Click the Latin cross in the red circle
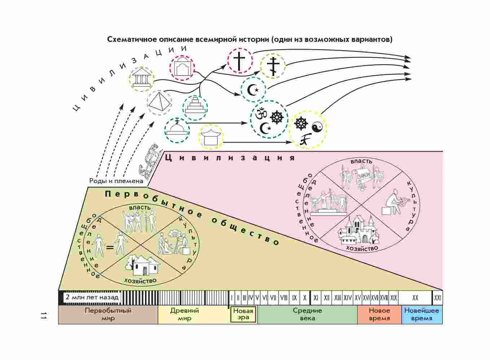point(239,61)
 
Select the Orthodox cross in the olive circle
point(273,66)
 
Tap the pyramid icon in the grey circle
point(159,103)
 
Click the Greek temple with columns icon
point(142,79)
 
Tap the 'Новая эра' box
point(244,315)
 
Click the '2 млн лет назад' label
point(92,298)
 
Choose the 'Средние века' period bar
point(307,315)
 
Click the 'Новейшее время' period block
point(421,315)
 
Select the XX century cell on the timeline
point(415,298)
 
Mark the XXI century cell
point(438,298)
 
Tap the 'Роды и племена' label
point(116,181)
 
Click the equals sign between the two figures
point(109,248)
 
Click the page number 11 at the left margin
point(44,315)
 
